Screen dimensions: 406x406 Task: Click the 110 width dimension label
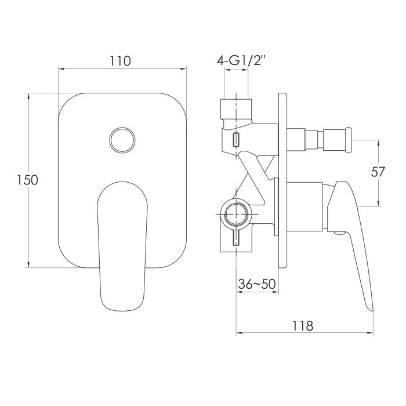pyautogui.click(x=121, y=61)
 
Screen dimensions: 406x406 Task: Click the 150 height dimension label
pyautogui.click(x=28, y=180)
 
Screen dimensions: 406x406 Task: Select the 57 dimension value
pyautogui.click(x=378, y=172)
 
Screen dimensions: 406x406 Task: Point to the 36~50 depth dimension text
pyautogui.click(x=256, y=284)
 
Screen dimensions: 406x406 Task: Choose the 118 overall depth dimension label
pyautogui.click(x=303, y=325)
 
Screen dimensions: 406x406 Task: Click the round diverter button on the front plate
pyautogui.click(x=122, y=140)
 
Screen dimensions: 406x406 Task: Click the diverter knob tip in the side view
pyautogui.click(x=349, y=140)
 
